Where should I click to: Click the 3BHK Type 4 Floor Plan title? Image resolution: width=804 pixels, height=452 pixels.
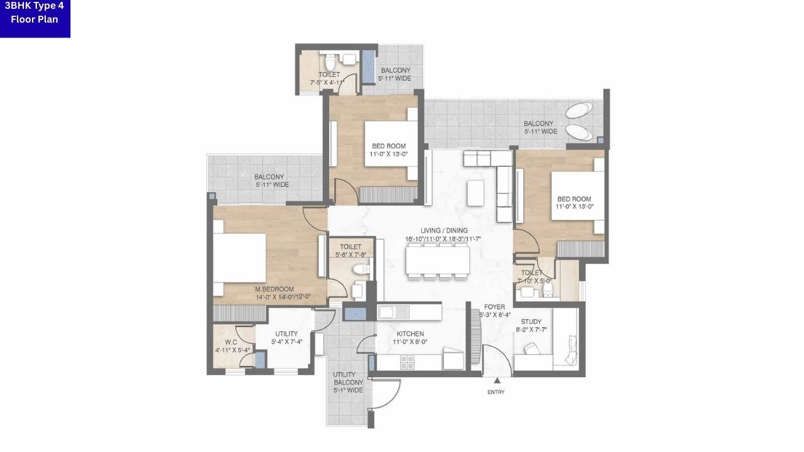pos(35,13)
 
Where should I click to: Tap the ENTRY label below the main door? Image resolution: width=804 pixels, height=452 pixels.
pos(496,392)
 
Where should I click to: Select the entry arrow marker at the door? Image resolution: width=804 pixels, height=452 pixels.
pos(496,380)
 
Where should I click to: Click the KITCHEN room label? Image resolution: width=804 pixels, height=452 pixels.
pos(410,334)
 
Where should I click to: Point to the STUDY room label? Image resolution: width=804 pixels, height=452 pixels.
pos(531,322)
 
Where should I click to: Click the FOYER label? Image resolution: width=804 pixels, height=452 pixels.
pos(494,307)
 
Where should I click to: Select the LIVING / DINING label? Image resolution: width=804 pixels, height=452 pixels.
pos(444,230)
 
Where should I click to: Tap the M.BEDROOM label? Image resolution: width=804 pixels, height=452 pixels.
pos(274,289)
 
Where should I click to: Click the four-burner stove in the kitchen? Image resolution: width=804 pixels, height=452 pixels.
pos(407,362)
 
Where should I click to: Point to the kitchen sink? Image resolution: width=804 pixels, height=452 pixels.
pos(393,311)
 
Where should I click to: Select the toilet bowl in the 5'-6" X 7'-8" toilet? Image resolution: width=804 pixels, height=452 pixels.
pos(360,270)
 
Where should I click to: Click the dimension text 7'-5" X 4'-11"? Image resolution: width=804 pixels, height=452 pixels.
pos(327,82)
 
